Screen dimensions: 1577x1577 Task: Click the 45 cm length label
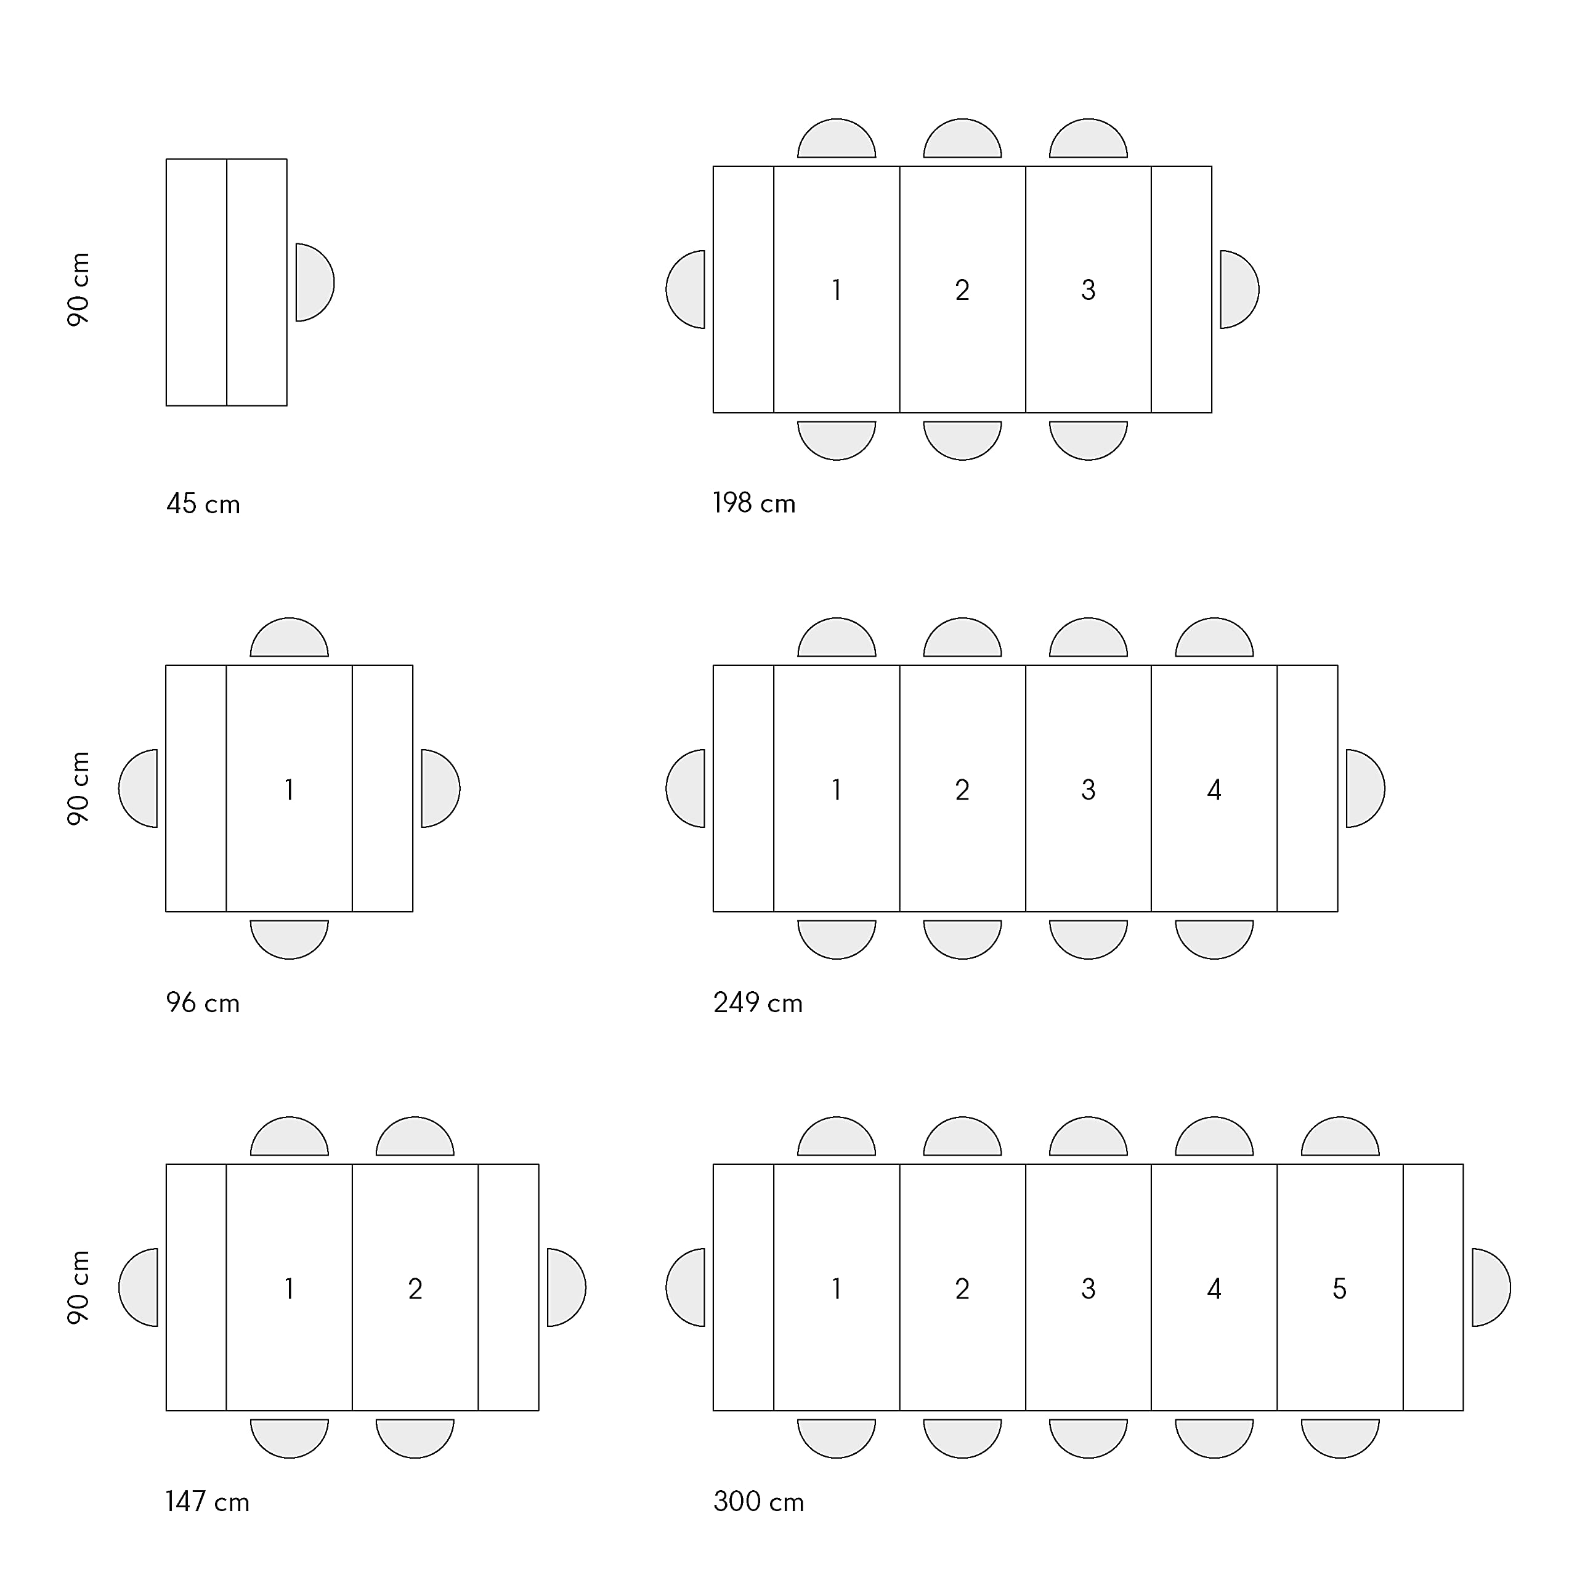(x=203, y=504)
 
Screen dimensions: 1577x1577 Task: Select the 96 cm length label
(x=203, y=1002)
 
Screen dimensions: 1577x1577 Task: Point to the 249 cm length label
(x=758, y=1002)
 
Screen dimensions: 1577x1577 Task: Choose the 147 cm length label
(x=208, y=1502)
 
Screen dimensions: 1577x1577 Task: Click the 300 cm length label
(x=759, y=1502)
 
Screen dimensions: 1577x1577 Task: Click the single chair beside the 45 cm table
(x=314, y=282)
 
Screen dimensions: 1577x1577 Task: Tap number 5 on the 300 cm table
(x=1339, y=1289)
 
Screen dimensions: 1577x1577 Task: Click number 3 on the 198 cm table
(x=1088, y=290)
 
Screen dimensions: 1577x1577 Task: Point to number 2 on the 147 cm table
(x=415, y=1289)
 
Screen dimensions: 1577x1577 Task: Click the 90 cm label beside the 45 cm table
(x=78, y=290)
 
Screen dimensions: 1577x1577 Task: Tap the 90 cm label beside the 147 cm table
(x=78, y=1287)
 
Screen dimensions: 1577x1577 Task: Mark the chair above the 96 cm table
(x=289, y=638)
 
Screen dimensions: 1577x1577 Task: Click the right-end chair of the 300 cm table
(x=1491, y=1287)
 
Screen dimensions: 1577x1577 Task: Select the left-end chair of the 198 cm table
(x=686, y=290)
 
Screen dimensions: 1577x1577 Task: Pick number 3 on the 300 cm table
(x=1088, y=1289)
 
